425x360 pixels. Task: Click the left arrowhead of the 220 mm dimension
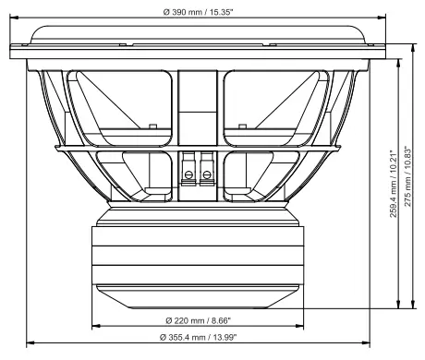tap(95, 327)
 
